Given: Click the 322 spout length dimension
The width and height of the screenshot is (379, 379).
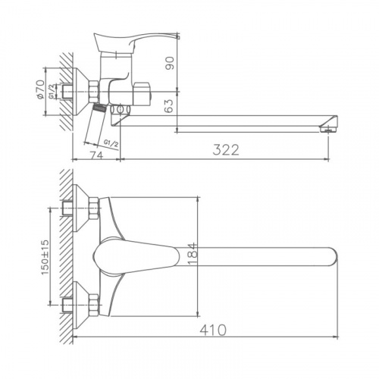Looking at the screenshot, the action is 226,150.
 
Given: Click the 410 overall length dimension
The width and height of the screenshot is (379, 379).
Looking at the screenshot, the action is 213,330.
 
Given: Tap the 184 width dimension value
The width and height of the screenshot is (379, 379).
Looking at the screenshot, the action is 193,254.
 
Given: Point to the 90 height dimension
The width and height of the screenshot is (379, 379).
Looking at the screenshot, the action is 170,63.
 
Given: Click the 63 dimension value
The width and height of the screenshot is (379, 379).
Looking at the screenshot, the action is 170,105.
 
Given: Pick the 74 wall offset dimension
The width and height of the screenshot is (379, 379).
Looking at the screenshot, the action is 97,155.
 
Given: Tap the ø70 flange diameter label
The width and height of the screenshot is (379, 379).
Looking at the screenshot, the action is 40,89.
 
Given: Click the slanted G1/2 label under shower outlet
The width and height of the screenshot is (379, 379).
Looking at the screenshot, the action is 111,144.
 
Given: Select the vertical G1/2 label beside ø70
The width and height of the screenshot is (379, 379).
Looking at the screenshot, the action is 52,92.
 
